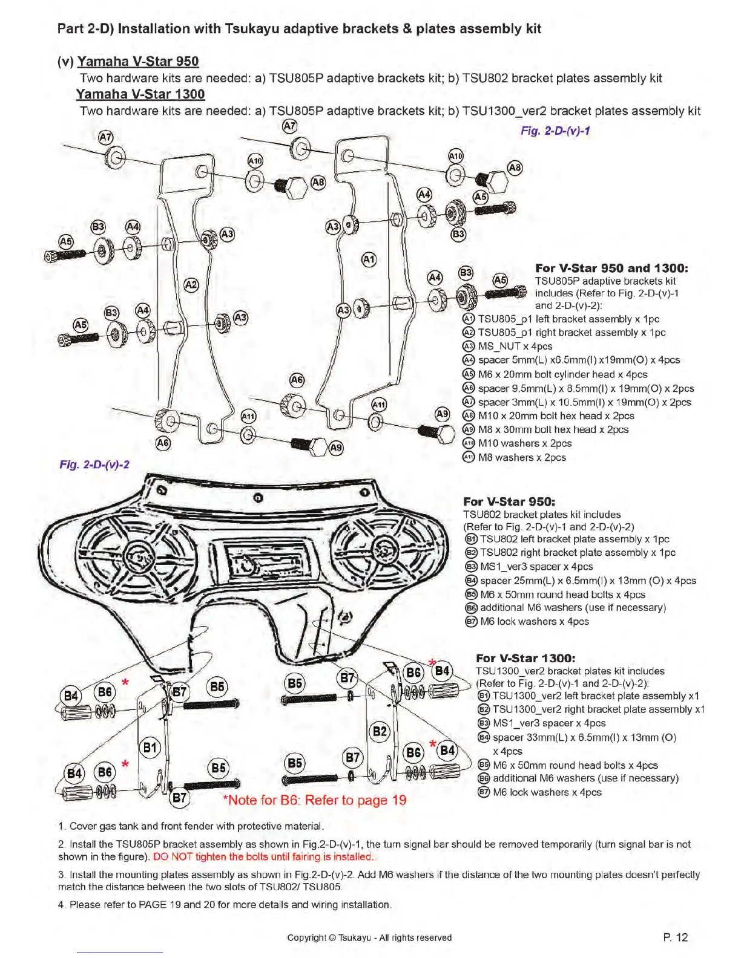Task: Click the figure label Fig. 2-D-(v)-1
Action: point(555,131)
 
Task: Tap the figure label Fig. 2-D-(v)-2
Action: point(94,464)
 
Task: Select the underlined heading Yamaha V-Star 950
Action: point(138,61)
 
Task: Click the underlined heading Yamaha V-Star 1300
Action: point(140,94)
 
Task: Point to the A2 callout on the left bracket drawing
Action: point(191,285)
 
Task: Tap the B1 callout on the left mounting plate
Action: point(150,748)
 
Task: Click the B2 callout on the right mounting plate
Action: point(380,731)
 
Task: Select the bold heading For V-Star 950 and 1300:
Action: point(611,268)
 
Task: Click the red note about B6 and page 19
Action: point(315,800)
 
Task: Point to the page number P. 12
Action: point(676,937)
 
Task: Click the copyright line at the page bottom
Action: point(369,937)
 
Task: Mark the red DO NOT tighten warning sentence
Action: point(264,856)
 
